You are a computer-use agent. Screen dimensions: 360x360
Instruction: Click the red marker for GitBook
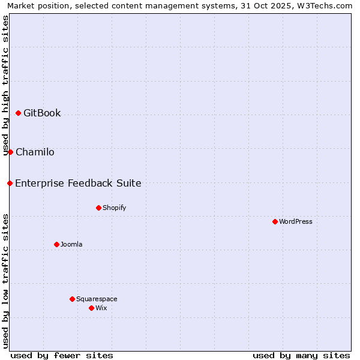18,113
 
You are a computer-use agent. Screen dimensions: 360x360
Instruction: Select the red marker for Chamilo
10,152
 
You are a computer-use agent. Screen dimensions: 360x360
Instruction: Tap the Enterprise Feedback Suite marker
10,183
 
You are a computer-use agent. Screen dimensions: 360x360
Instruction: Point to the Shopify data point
98,208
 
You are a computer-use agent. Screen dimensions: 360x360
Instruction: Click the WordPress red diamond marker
275,221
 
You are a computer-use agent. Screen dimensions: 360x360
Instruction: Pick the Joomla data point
56,244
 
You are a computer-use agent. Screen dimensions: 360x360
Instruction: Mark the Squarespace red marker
72,299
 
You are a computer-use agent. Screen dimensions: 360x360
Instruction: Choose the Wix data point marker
91,308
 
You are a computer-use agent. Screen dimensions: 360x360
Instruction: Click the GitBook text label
42,113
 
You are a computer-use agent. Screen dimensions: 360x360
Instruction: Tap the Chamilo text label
35,152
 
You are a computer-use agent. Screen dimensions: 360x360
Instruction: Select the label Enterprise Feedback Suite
78,184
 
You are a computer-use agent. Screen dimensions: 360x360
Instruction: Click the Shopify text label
114,208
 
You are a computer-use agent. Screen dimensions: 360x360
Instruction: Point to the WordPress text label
296,222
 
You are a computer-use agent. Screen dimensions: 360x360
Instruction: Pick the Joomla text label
71,245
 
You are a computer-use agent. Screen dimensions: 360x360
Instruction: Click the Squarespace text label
97,299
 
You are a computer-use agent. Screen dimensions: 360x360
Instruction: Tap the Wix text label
101,308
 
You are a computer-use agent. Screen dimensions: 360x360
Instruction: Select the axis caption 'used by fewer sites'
62,355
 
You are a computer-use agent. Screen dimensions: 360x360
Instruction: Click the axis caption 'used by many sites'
301,355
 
